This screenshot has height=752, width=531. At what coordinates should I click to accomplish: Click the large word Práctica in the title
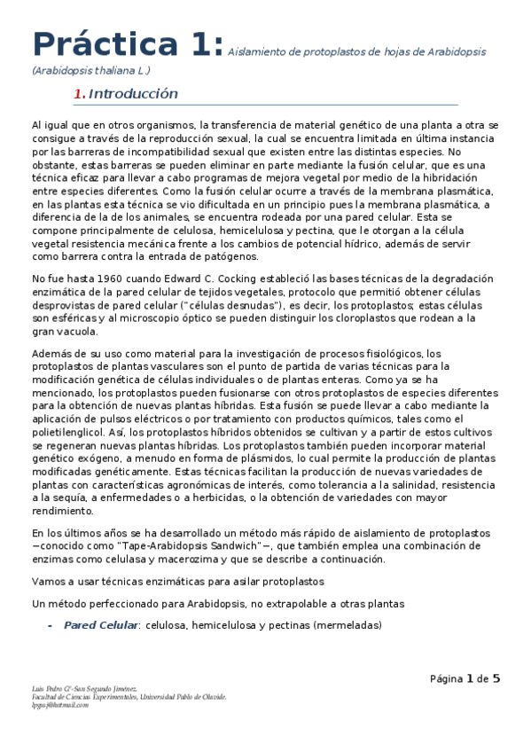pos(96,44)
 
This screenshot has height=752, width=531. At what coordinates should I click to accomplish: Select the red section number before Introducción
pos(79,94)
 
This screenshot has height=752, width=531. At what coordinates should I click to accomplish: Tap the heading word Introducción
pos(134,94)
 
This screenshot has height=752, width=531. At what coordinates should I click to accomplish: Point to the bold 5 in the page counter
pos(496,679)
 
